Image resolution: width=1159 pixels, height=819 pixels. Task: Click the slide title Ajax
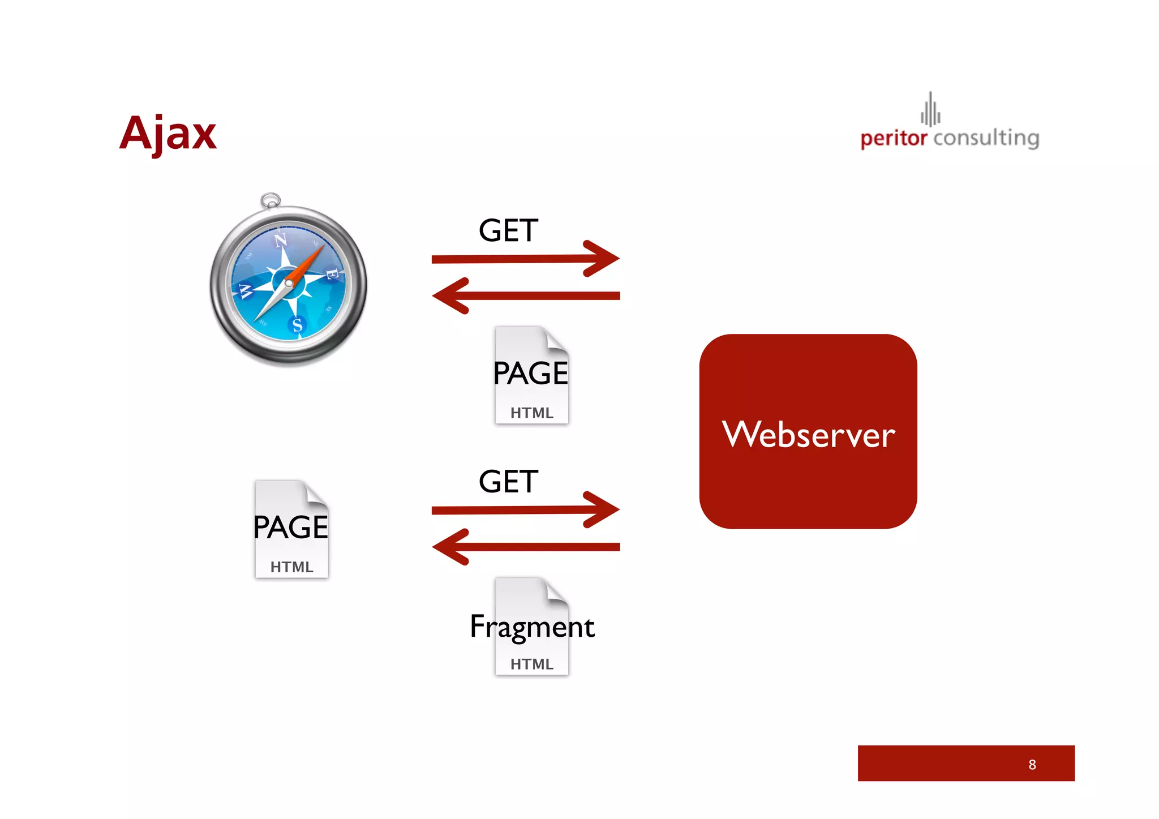click(x=168, y=134)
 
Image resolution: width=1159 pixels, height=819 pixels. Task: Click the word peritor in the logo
click(x=893, y=138)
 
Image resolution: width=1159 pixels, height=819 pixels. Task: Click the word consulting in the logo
click(x=986, y=138)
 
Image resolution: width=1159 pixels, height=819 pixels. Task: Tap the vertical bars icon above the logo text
click(x=930, y=110)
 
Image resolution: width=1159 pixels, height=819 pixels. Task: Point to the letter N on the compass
click(x=281, y=240)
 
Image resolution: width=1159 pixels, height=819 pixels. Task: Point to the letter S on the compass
click(x=297, y=325)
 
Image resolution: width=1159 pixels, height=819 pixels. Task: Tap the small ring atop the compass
click(x=271, y=200)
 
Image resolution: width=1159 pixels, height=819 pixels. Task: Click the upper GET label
click(x=508, y=231)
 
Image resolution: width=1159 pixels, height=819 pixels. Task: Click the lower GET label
click(x=508, y=482)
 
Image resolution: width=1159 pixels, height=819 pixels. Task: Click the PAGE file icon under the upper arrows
click(x=531, y=375)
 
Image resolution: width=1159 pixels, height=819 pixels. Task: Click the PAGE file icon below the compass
click(x=291, y=529)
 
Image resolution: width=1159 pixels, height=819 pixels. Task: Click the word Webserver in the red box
click(x=808, y=435)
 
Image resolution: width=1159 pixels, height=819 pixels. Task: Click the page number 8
click(x=1032, y=765)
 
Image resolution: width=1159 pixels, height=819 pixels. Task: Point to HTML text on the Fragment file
click(x=531, y=664)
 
